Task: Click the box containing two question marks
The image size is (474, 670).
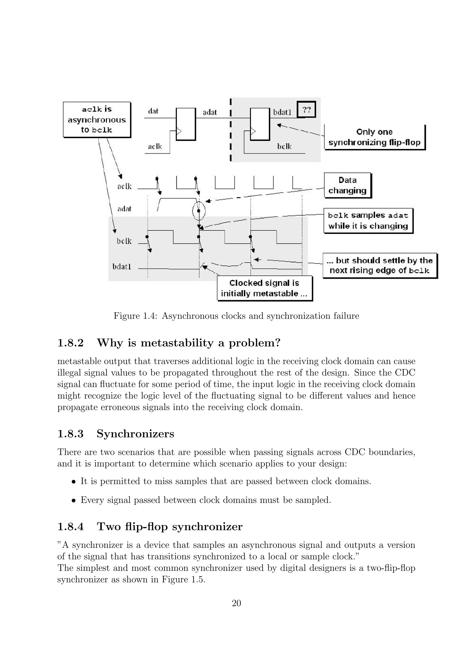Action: (x=306, y=109)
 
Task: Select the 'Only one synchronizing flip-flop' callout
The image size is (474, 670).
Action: (x=374, y=137)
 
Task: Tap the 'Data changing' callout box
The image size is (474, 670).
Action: (x=347, y=185)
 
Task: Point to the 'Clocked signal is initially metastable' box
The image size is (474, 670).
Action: (x=265, y=288)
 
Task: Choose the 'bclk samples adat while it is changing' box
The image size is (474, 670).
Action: (x=368, y=221)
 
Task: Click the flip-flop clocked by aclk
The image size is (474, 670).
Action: (x=186, y=124)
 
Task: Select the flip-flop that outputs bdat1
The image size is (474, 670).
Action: (x=260, y=124)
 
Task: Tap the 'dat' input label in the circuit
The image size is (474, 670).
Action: (x=153, y=111)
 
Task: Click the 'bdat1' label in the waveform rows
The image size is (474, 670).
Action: (x=122, y=267)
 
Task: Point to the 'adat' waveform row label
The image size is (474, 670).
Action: (x=124, y=209)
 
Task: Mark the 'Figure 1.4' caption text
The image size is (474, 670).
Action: (x=236, y=316)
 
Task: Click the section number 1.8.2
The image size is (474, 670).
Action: (x=70, y=343)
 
